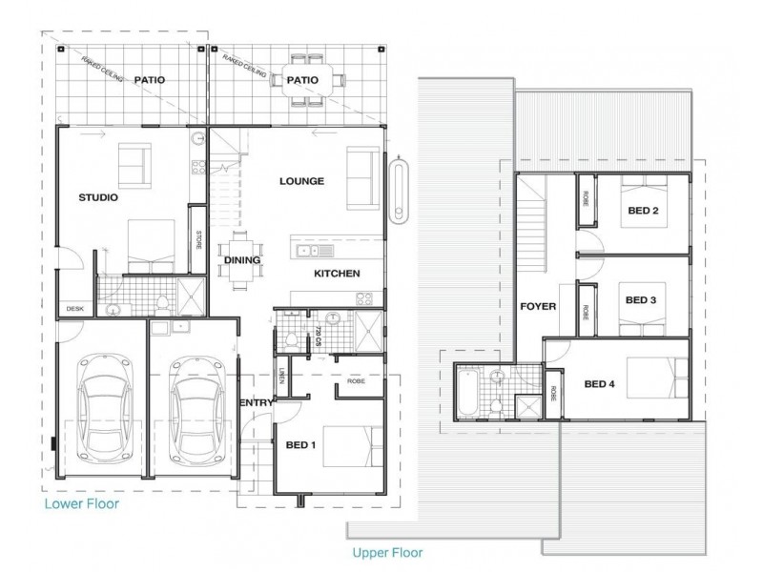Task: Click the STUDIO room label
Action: (97, 198)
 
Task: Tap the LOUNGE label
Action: (302, 180)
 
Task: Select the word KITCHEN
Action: (337, 274)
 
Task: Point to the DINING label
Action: (242, 258)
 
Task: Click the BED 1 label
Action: (302, 444)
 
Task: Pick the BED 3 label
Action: (641, 299)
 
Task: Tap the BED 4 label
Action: (600, 384)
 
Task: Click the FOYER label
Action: (538, 307)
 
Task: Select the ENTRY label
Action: (258, 402)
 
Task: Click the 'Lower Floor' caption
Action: (80, 503)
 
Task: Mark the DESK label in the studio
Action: (73, 308)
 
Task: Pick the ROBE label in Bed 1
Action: (357, 379)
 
